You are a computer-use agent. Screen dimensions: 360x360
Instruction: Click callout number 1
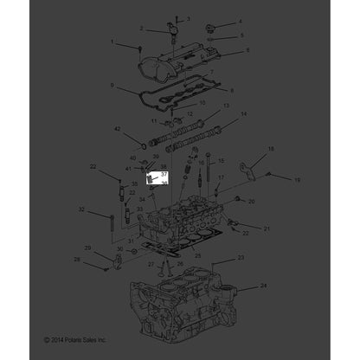pos(112,41)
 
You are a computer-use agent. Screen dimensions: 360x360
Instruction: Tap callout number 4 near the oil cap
pos(241,21)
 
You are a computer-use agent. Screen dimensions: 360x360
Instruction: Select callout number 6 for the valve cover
pos(247,50)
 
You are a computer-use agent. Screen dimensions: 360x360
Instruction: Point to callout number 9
pos(112,84)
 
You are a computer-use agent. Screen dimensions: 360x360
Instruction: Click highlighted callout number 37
pos(164,174)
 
